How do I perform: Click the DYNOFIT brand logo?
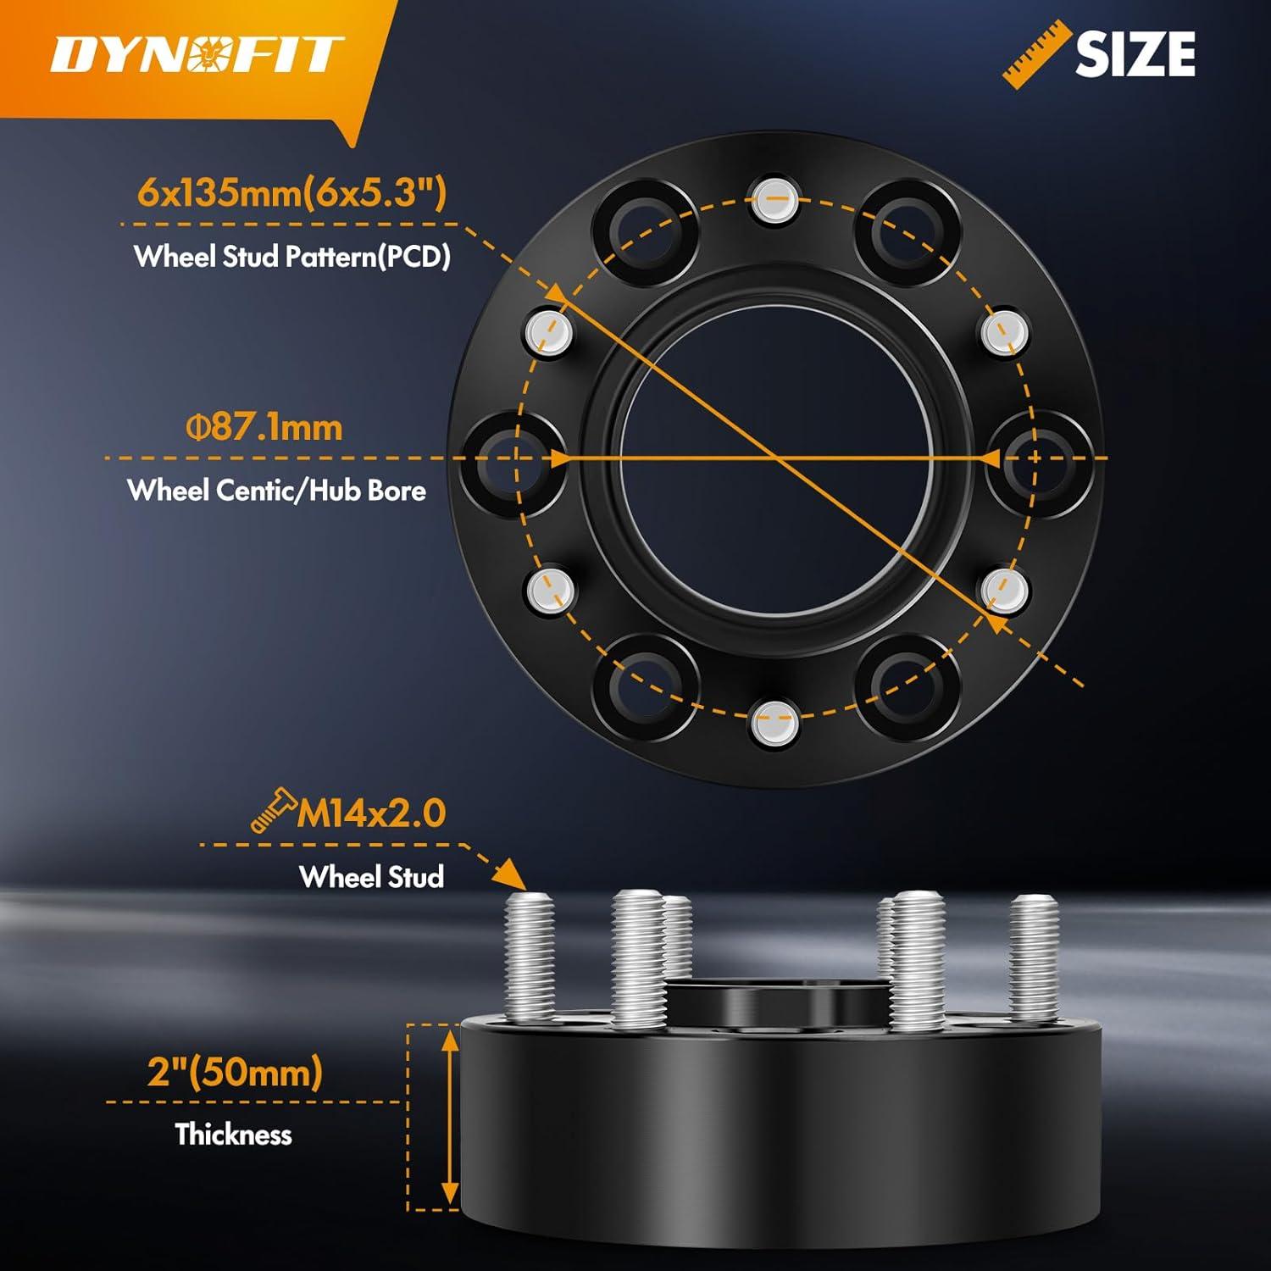pos(197,55)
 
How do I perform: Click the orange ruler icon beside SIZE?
pos(1031,53)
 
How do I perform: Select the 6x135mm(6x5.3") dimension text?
pos(291,193)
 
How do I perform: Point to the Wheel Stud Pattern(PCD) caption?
pos(292,256)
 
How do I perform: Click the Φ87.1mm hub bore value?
pos(264,427)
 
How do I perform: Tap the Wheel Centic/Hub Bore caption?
pos(276,490)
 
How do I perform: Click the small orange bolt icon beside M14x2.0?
pos(272,809)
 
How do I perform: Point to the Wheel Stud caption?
pos(371,876)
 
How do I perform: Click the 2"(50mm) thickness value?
pos(235,1072)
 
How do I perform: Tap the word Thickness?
pos(233,1134)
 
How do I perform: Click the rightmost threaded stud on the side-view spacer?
pos(1034,957)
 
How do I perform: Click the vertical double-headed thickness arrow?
pos(449,1117)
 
